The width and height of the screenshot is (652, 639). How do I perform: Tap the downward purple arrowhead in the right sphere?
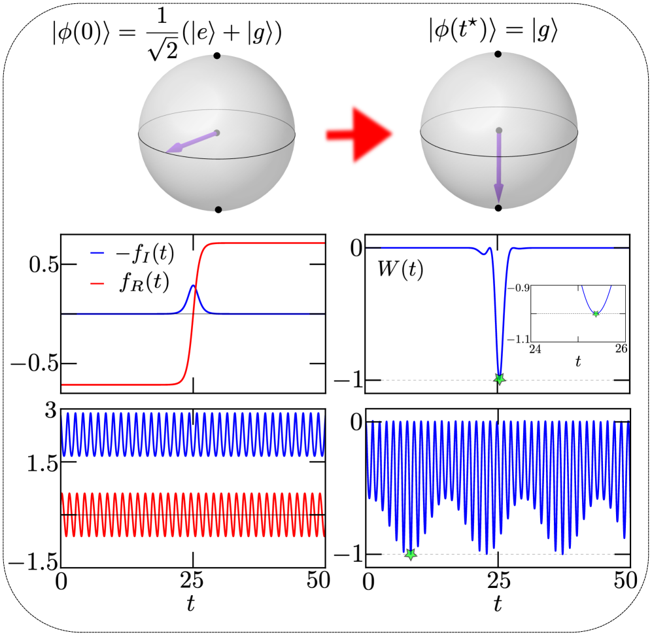point(498,194)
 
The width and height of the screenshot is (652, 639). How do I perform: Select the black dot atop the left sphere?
point(217,56)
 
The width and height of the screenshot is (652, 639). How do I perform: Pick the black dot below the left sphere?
point(218,209)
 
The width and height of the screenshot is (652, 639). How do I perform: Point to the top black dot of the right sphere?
point(498,54)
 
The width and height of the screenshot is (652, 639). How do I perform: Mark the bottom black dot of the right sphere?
point(498,208)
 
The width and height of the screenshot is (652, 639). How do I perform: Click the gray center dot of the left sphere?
point(216,133)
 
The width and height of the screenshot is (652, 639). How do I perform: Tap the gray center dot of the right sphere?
point(499,130)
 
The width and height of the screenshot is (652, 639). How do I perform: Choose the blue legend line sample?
point(97,252)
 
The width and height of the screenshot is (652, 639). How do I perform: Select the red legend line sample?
point(97,283)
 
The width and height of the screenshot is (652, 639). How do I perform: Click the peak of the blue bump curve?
point(194,285)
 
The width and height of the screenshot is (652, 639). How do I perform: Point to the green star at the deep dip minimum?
point(500,379)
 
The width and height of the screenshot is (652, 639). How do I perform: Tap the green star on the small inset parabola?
point(596,314)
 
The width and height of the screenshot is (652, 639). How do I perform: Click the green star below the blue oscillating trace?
point(410,555)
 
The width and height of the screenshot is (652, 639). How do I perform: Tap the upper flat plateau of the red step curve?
point(268,243)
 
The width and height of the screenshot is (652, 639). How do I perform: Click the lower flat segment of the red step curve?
point(118,385)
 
